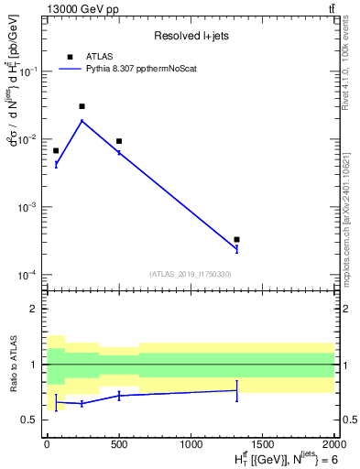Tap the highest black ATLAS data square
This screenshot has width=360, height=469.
[82, 106]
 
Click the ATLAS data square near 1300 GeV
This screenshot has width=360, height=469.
[236, 239]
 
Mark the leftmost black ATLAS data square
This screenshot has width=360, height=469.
[56, 150]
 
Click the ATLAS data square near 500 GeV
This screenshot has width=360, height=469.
[119, 141]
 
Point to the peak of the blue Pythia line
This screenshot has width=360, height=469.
[82, 121]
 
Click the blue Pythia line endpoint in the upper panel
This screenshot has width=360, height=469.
[236, 248]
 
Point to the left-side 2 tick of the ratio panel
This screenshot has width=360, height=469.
[37, 310]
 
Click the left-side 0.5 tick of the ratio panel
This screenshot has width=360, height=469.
[32, 420]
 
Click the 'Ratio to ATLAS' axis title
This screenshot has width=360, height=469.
[12, 365]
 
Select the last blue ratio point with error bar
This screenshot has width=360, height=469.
[236, 390]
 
